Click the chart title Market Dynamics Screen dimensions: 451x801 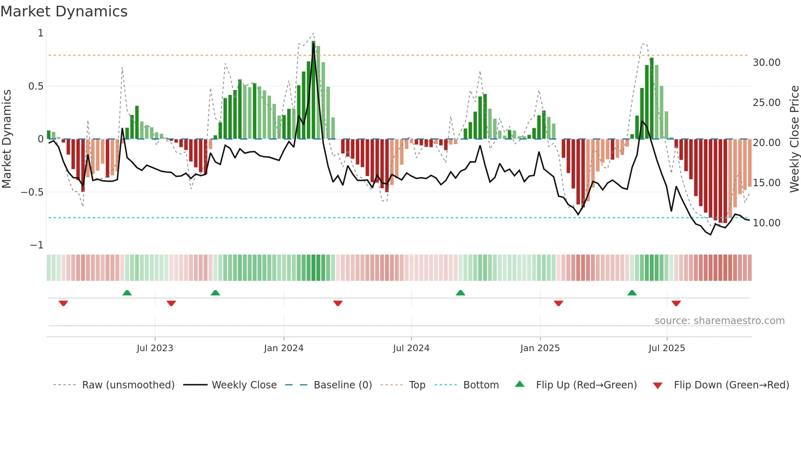[x=64, y=11]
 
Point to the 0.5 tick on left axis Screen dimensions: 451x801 [x=36, y=86]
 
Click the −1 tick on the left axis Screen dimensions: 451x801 [x=36, y=245]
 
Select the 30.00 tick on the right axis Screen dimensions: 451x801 [x=766, y=63]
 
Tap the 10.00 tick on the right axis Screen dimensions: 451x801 [x=766, y=223]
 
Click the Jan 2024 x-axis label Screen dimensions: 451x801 [x=284, y=348]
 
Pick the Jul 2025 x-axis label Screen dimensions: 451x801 [x=667, y=348]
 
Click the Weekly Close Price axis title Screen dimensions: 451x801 [x=794, y=139]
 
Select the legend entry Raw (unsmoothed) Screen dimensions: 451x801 [x=128, y=385]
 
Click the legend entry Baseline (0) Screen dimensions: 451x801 [x=342, y=385]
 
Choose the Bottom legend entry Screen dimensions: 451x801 [x=481, y=385]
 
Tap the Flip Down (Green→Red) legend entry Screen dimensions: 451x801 [x=731, y=385]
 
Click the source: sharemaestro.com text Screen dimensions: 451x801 [x=719, y=321]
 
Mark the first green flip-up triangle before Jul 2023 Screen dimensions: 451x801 [x=127, y=293]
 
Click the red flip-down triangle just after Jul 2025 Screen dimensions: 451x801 [x=676, y=303]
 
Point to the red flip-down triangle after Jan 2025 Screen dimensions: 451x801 [x=558, y=303]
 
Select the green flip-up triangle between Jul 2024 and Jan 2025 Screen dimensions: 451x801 [x=460, y=293]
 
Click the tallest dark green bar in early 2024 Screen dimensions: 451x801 [x=313, y=90]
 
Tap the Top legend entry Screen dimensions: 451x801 [x=417, y=385]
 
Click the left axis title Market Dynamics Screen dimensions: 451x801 [x=7, y=139]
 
